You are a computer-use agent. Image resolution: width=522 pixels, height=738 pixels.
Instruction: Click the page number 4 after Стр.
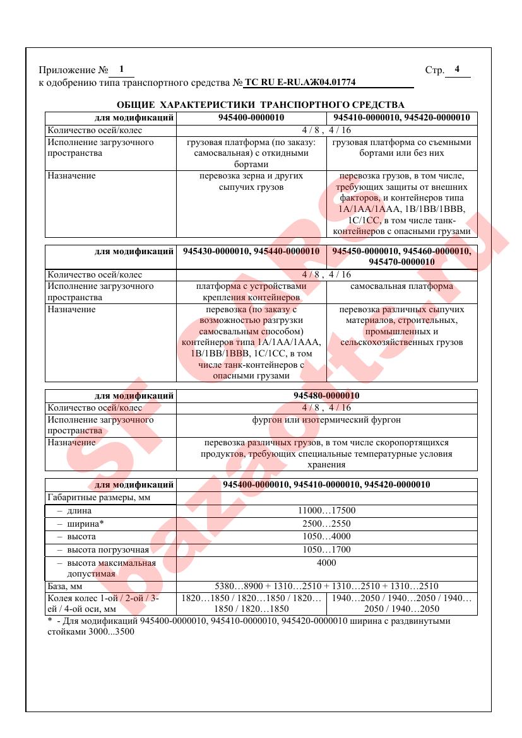[457, 69]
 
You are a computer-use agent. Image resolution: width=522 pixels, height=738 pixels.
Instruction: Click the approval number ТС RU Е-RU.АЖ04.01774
[300, 83]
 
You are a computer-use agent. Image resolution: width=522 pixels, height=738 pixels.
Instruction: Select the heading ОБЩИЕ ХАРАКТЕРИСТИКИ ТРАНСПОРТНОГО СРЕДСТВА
[261, 105]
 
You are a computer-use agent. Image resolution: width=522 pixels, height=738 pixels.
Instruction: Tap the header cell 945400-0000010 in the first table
[251, 118]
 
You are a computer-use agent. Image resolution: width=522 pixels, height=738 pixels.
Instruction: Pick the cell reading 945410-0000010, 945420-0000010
[401, 118]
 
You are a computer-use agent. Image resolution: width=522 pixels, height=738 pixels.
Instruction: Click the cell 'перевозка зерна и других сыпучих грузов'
[251, 182]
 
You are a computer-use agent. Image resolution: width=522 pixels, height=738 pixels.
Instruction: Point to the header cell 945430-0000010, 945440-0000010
[251, 251]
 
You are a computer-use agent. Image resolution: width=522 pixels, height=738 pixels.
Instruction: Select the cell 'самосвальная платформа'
[401, 286]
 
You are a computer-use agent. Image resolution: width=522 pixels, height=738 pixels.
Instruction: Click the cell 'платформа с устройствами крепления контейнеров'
[251, 291]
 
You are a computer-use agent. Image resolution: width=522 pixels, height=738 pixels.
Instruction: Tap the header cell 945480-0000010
[326, 396]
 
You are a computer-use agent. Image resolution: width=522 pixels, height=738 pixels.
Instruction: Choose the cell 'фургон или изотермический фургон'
[326, 419]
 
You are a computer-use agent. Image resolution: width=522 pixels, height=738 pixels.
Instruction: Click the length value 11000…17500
[326, 511]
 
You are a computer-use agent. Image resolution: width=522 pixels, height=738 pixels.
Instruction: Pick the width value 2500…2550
[326, 524]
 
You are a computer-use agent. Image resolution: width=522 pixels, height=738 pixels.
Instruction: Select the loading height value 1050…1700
[326, 549]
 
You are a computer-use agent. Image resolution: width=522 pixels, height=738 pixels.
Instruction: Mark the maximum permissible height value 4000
[326, 562]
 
